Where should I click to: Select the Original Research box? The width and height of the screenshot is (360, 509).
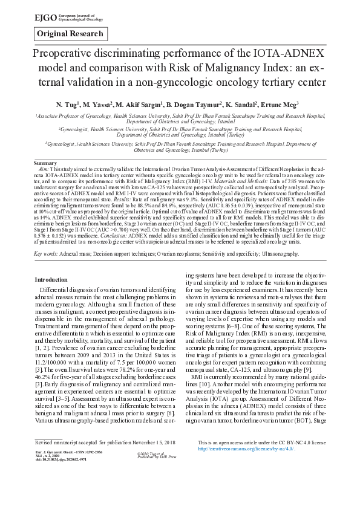tap(70, 34)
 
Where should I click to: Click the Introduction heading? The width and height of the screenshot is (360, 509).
tap(51, 280)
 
